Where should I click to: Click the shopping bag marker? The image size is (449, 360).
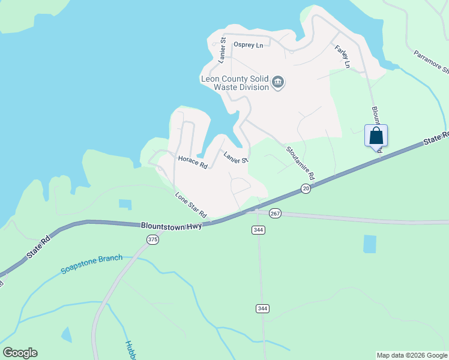(376, 135)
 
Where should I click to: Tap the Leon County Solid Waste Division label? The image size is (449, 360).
(234, 83)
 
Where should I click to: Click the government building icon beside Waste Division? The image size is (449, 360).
(277, 82)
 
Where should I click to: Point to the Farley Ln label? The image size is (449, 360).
(342, 56)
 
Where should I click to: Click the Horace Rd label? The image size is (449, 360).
(193, 162)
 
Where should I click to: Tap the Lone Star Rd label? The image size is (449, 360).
(191, 205)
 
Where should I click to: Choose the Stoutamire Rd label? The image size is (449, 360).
(300, 164)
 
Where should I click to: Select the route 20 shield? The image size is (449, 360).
(306, 189)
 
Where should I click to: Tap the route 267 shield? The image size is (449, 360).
(275, 214)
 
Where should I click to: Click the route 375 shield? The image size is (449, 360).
(152, 239)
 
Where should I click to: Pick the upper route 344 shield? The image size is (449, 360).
(259, 230)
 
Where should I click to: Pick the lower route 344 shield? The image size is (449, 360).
(262, 308)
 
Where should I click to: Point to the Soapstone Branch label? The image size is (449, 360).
(92, 265)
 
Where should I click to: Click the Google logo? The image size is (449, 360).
(20, 353)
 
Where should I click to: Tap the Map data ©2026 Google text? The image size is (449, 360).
(412, 355)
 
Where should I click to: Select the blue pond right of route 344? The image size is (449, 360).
(370, 244)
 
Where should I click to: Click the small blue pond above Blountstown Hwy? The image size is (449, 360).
(125, 204)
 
